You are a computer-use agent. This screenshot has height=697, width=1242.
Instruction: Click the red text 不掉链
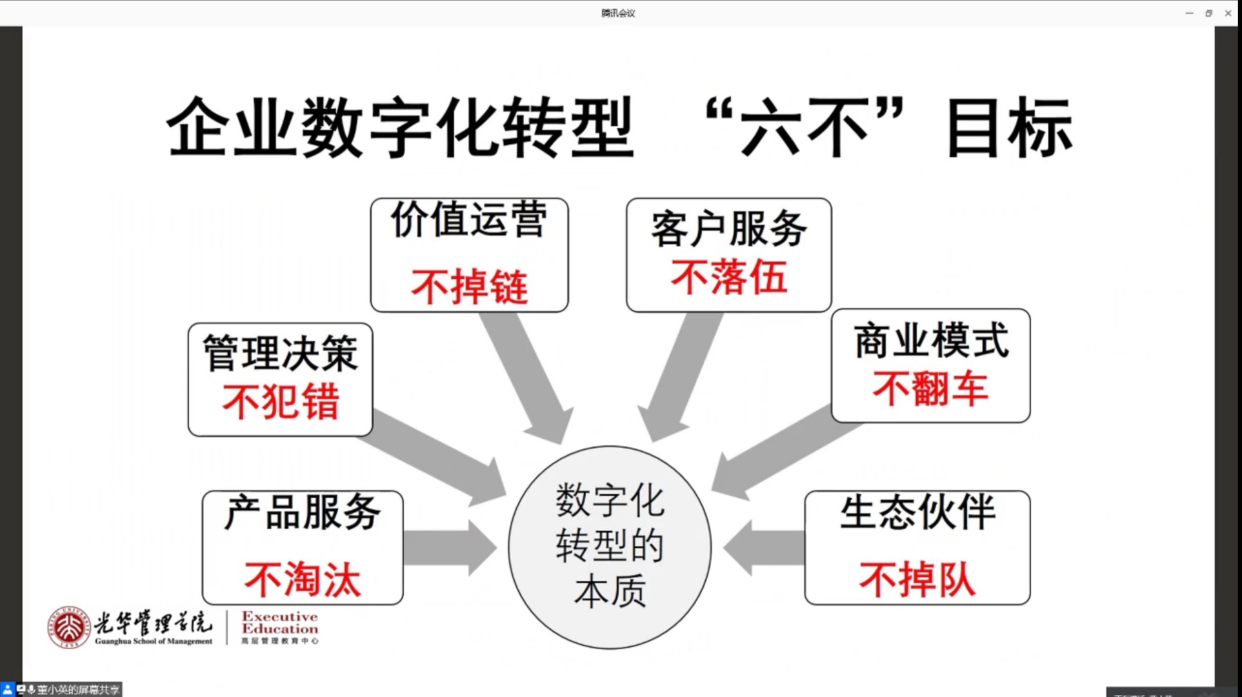pos(469,287)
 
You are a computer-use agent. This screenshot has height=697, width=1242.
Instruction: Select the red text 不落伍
pos(728,278)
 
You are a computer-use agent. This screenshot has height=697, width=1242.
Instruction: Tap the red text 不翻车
pos(930,389)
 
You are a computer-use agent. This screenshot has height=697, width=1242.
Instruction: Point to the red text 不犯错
pos(280,401)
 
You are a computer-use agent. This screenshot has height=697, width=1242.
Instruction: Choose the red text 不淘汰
pos(302,579)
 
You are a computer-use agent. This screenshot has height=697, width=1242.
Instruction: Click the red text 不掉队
pos(917,579)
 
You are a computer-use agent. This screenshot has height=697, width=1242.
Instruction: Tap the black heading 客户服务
pos(728,228)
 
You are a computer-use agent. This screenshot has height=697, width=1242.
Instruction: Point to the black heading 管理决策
pos(280,353)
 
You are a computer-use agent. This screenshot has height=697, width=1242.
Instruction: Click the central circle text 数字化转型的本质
pos(610,546)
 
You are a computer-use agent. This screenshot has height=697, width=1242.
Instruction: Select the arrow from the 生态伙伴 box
pos(765,548)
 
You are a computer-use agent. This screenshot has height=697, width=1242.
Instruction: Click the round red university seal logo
pos(68,627)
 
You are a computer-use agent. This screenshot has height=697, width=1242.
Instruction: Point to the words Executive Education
pos(279,622)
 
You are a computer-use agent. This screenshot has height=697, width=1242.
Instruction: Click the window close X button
pos(1228,13)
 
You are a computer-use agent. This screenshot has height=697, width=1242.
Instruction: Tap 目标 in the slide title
pos(1008,128)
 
